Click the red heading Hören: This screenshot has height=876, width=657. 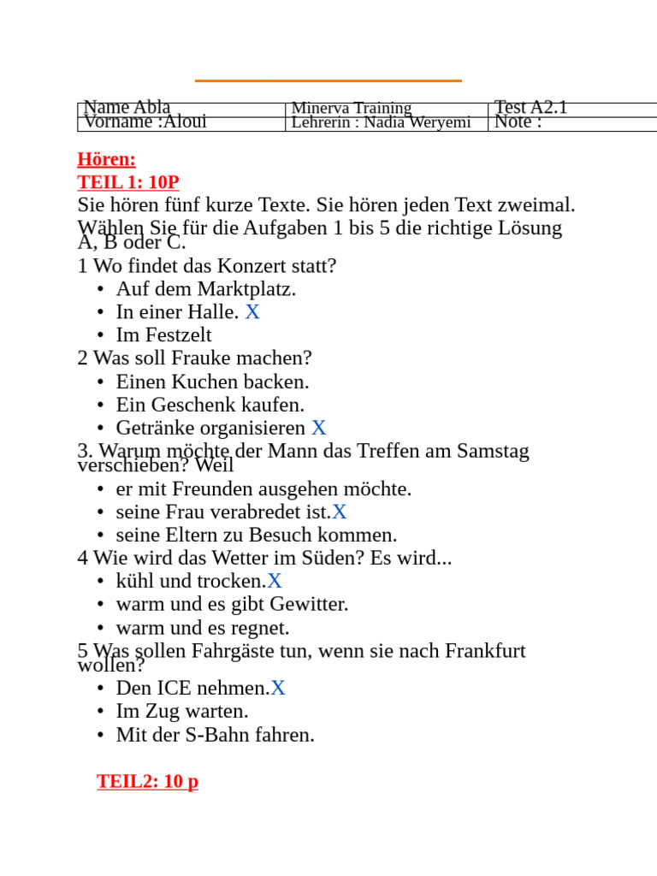[x=106, y=159]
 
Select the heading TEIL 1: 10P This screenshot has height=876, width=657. [x=128, y=182]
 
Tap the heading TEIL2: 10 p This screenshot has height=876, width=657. [x=147, y=781]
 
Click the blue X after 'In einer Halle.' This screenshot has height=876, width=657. [x=252, y=312]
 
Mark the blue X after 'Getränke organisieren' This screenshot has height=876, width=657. [x=318, y=428]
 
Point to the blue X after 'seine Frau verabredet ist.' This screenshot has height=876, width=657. [x=340, y=512]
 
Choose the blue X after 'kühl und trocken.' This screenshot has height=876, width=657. [x=275, y=582]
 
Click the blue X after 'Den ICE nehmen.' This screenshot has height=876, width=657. [x=278, y=689]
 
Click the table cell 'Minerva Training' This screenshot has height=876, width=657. [x=352, y=109]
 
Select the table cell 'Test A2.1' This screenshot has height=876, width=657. [x=531, y=108]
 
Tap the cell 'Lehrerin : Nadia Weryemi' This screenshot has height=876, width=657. [x=382, y=122]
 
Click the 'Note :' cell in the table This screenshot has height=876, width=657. [x=518, y=122]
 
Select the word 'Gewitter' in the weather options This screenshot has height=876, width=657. [x=308, y=604]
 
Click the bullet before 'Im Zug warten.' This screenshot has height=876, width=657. [x=100, y=712]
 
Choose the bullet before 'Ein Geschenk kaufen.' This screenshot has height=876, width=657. [x=100, y=405]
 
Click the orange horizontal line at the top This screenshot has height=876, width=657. [x=328, y=80]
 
